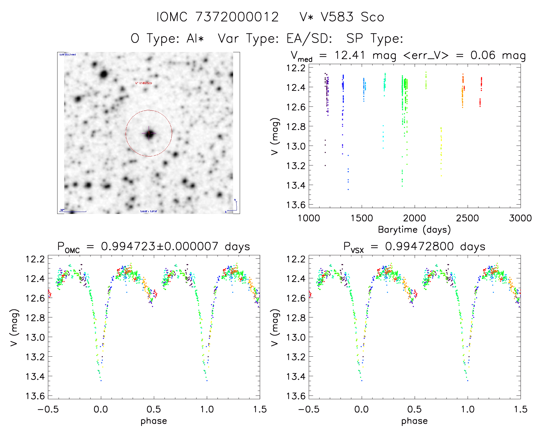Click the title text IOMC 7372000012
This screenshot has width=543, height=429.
point(218,17)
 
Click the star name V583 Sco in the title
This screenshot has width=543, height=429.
point(352,17)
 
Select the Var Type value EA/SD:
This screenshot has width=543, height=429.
point(309,38)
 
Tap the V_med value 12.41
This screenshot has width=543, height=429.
point(350,55)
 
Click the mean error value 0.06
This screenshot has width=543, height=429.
point(483,55)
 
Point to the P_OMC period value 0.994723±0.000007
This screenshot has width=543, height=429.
point(160,246)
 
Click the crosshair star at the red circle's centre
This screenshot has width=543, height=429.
point(149,133)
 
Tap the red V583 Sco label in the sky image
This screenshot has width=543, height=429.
point(143,83)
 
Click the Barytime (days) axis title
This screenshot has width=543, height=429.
point(414,229)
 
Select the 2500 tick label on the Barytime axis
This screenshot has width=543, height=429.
point(467,218)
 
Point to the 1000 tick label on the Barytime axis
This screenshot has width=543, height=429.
point(309,218)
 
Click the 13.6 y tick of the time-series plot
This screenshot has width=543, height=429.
point(296,205)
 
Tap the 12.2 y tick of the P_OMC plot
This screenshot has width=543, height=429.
point(35,259)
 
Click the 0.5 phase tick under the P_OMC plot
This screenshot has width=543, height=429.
point(154,409)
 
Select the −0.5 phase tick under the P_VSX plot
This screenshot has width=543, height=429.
point(309,409)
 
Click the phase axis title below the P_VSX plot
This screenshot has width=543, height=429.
point(414,421)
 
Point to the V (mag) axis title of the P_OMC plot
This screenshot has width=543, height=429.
point(14,327)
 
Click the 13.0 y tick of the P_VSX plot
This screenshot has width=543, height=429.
point(296,337)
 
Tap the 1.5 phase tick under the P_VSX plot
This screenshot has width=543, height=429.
point(520,409)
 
